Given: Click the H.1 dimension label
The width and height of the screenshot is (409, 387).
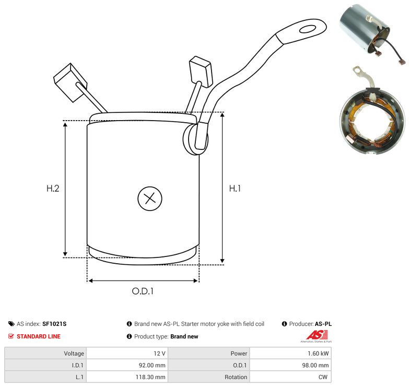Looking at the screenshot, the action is [235, 189].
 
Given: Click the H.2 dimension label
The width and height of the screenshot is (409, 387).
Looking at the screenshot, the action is [53, 189].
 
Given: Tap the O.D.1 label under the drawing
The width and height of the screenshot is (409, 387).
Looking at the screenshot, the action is [143, 291].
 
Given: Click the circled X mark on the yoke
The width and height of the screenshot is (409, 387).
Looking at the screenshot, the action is [150, 198].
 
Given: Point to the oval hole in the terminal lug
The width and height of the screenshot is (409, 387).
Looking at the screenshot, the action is [308, 29].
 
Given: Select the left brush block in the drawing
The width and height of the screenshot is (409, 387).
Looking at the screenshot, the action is [70, 83].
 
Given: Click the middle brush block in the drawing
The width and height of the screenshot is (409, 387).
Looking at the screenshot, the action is [201, 72].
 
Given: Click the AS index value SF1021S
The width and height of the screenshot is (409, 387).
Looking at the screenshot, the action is [54, 324].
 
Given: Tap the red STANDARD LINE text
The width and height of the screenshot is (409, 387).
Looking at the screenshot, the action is [39, 336].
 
